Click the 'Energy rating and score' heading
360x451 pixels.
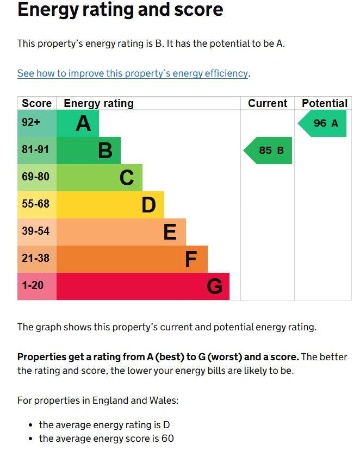120,10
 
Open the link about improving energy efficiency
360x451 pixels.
133,73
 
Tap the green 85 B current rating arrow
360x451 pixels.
268,151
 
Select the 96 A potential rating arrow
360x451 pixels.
323,123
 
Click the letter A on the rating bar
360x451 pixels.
83,124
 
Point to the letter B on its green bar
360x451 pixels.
105,151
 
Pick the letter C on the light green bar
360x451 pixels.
127,178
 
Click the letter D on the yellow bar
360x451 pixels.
148,205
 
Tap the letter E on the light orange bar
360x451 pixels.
170,233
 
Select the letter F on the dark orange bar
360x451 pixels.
190,260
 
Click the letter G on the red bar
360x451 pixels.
214,286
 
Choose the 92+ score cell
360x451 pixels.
31,123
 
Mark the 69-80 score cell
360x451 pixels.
35,177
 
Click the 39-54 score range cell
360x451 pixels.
35,231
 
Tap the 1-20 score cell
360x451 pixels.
33,285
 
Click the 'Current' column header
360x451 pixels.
268,103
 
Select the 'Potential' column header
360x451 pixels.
324,103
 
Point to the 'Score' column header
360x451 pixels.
36,103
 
